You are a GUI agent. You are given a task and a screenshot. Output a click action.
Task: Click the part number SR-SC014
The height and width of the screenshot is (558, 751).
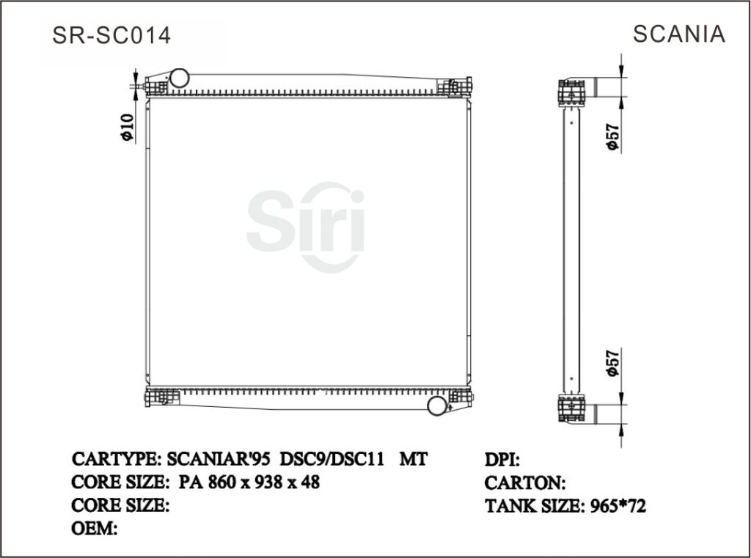(111, 35)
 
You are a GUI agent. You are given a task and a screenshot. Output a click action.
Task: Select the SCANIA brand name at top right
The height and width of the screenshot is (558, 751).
(678, 34)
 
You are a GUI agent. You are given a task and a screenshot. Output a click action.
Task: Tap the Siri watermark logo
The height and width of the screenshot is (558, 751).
(306, 224)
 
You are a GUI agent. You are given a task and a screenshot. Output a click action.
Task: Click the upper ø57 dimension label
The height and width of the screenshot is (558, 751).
(613, 136)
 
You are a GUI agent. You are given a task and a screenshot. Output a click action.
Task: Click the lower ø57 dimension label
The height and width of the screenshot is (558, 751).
(613, 362)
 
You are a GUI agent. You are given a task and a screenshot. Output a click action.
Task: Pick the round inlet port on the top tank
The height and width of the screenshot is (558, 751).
(178, 77)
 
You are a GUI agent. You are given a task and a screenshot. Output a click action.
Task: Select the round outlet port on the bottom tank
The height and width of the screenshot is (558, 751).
(437, 404)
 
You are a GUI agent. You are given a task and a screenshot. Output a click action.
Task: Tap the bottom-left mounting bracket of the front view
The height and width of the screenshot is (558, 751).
(161, 398)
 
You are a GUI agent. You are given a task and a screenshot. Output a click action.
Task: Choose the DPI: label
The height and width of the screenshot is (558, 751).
(503, 460)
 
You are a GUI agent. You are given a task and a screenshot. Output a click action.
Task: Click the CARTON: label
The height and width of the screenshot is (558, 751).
(525, 483)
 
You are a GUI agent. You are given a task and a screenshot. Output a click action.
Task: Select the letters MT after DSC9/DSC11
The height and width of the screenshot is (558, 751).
(413, 460)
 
